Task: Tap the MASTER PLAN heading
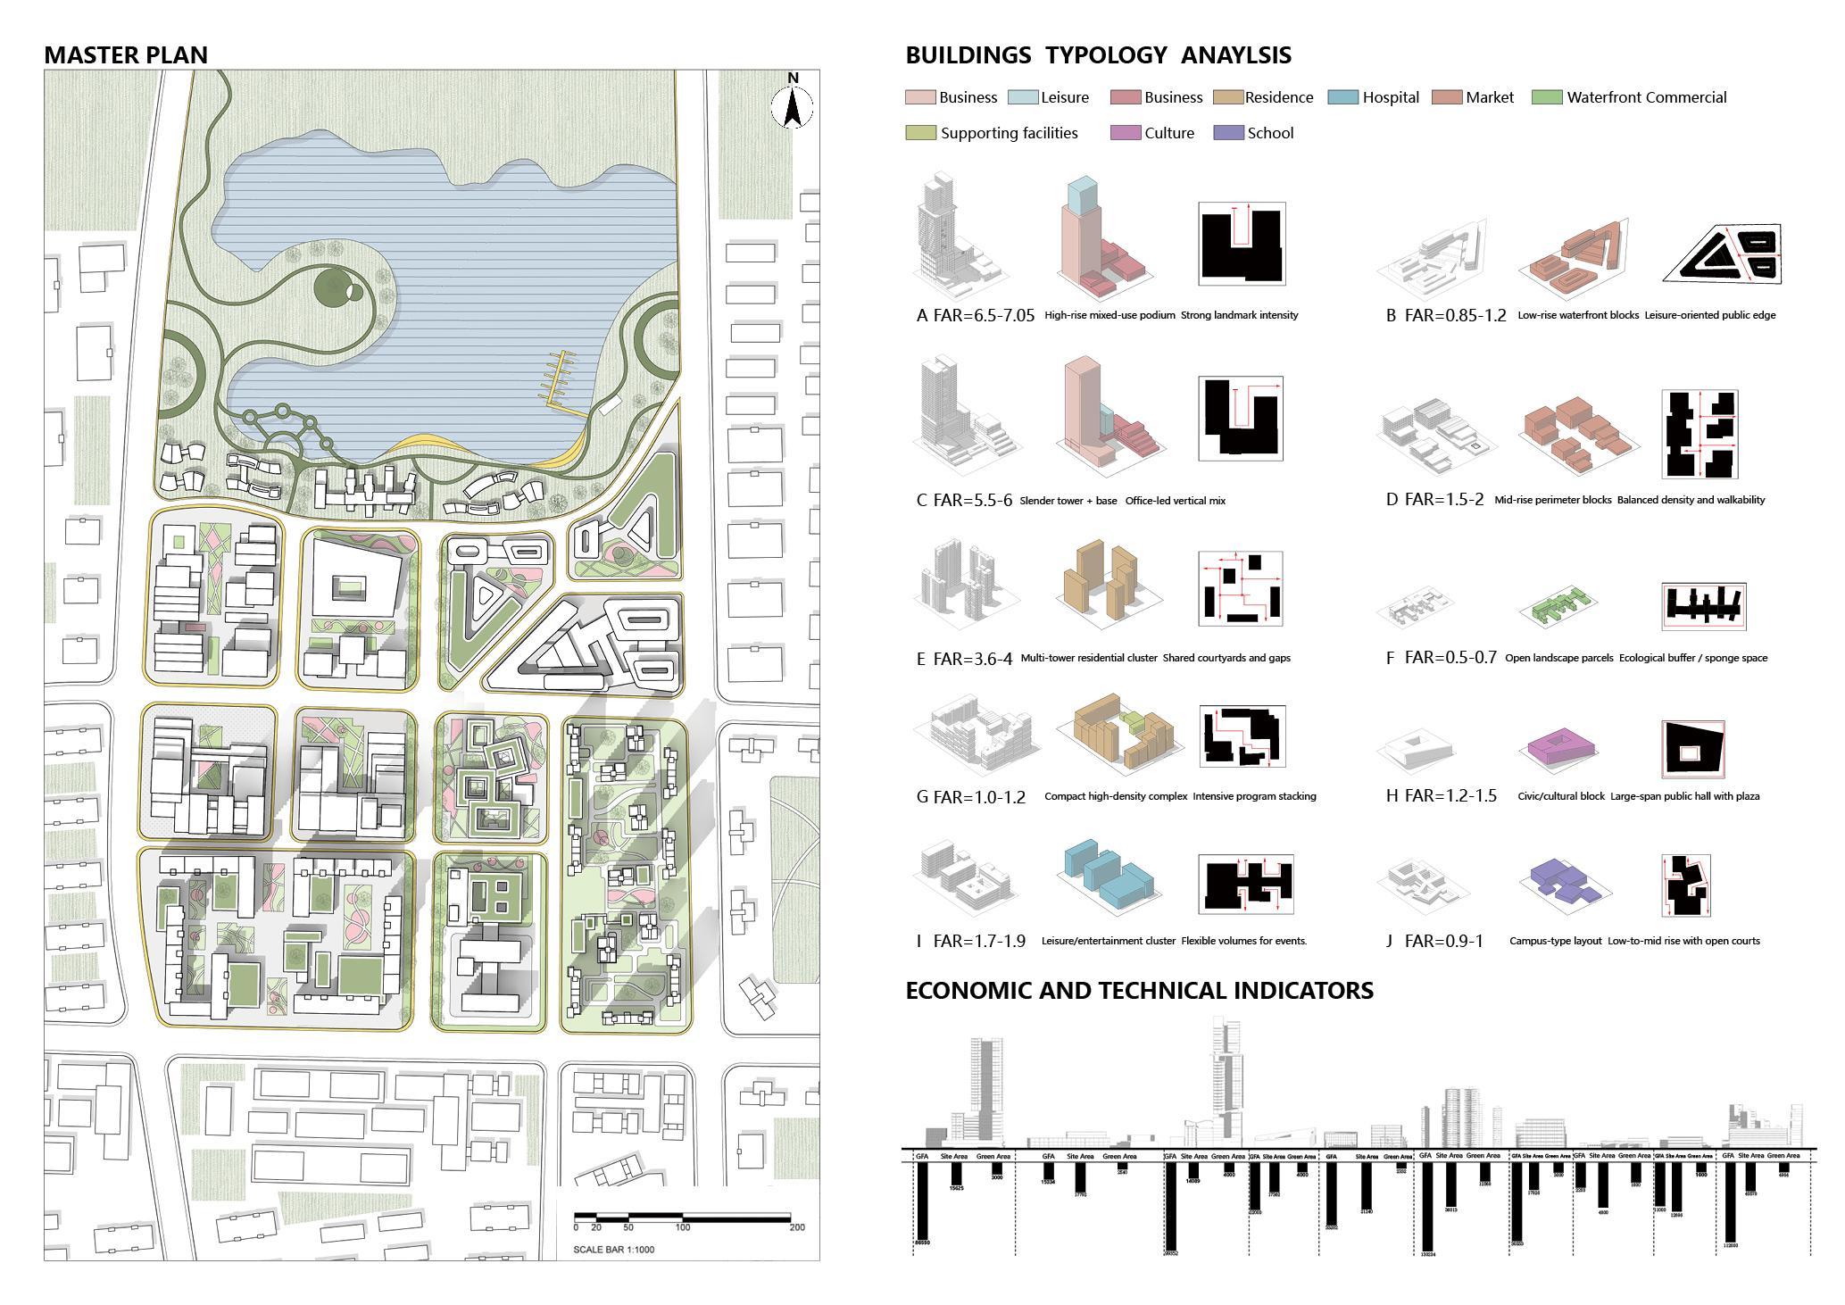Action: tap(126, 55)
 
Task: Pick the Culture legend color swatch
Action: tap(1124, 133)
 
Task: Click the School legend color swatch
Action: tap(1227, 133)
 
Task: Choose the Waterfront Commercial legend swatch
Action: tap(1546, 97)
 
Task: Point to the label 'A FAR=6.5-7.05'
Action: tap(975, 315)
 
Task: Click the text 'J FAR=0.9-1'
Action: tap(1434, 941)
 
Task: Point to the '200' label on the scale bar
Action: tap(796, 1227)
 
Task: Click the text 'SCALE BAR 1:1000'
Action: tap(613, 1249)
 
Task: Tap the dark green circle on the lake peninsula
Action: tap(334, 288)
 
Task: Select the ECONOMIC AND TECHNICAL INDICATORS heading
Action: tap(1139, 991)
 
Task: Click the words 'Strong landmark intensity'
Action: tap(1239, 315)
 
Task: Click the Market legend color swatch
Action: tap(1445, 97)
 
